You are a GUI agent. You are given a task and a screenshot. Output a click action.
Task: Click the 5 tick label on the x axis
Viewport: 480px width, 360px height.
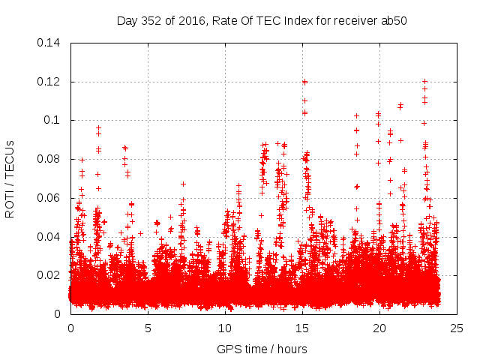click(148, 328)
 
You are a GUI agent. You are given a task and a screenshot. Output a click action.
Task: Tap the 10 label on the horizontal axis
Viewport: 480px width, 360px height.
click(225, 328)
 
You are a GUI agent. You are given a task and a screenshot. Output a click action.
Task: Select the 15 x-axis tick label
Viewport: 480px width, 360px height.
click(302, 328)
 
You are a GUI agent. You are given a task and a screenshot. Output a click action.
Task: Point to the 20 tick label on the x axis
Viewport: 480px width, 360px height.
click(379, 328)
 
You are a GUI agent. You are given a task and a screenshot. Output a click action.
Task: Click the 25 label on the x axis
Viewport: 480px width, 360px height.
click(457, 328)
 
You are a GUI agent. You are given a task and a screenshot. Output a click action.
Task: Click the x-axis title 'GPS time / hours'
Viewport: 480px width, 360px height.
click(262, 349)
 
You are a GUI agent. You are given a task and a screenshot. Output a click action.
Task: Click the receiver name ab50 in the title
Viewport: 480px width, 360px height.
click(394, 20)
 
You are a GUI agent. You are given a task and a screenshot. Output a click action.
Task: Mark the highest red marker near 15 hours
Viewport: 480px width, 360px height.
click(304, 82)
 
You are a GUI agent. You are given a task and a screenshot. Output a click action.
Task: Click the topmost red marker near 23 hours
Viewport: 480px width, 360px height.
click(424, 81)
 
